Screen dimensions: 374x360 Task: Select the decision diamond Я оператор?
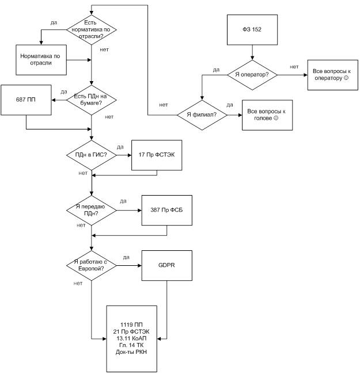[x=252, y=74]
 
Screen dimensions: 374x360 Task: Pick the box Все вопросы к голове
[x=263, y=114]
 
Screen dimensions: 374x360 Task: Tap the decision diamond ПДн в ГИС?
[x=92, y=155]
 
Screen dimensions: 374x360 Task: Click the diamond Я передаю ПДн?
[x=92, y=210]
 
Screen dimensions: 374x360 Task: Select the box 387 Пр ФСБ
[x=166, y=210]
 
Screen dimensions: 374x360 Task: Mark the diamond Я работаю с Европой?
[x=92, y=266]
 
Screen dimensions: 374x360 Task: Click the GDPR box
[x=166, y=266]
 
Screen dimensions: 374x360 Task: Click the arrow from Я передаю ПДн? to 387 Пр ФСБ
[x=129, y=210]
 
